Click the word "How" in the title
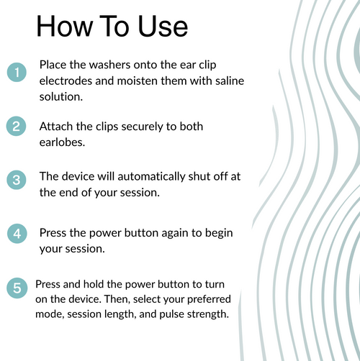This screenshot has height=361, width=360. (65, 26)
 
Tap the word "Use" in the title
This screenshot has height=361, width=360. (163, 26)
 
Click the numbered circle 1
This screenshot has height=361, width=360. (17, 72)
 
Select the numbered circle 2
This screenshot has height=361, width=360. (16, 126)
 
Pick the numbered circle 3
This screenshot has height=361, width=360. (17, 180)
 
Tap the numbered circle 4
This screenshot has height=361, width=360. (17, 234)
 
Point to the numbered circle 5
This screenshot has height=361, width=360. (17, 288)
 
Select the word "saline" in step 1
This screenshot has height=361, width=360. (230, 81)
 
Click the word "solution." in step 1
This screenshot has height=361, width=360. (61, 97)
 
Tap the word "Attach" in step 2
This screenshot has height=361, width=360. (56, 127)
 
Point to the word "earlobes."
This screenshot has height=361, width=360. (62, 142)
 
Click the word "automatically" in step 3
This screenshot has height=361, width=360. (151, 177)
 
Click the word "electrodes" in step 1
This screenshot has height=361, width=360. (66, 81)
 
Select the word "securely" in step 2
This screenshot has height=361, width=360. (142, 127)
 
